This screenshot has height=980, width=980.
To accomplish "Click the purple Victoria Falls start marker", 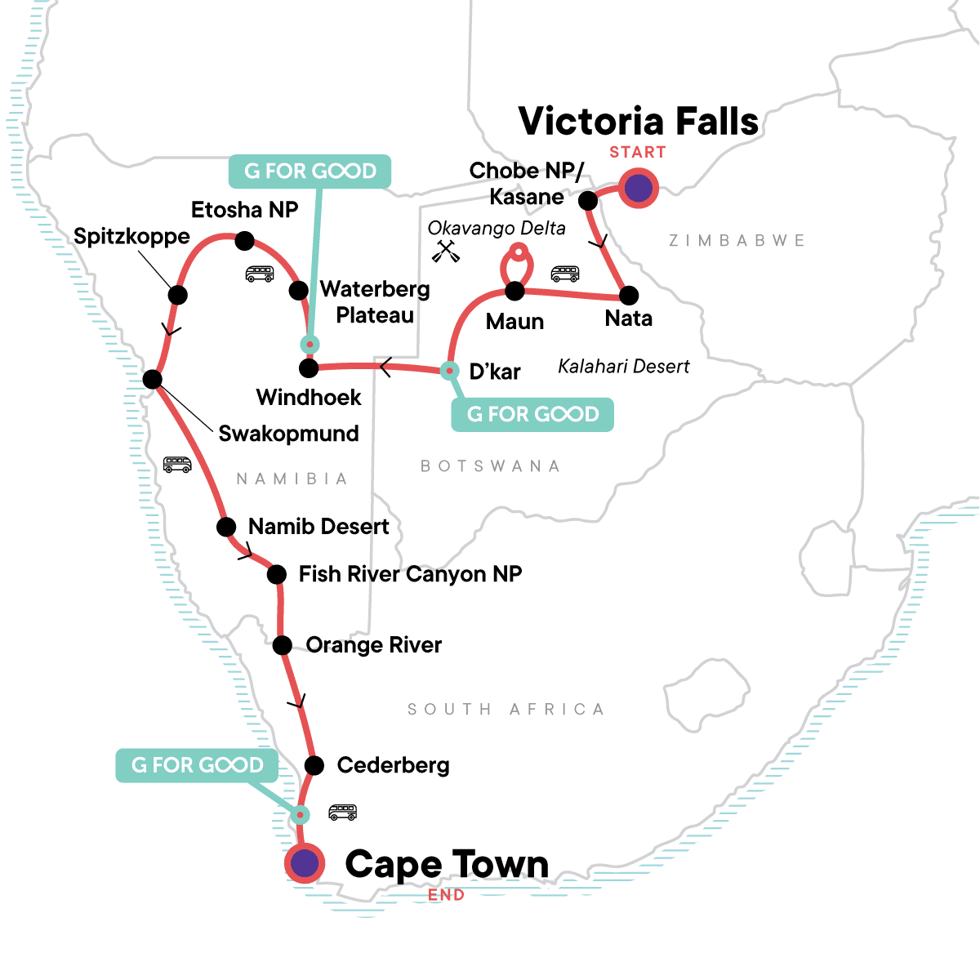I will tap(638, 188).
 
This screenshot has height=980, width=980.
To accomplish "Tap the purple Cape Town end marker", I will tap(305, 862).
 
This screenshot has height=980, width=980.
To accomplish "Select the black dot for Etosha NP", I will tap(244, 241).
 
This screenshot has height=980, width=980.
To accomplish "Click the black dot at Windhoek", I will tap(309, 368).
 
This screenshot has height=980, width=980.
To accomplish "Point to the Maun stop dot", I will tap(514, 291).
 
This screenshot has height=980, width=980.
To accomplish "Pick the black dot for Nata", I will tap(628, 296).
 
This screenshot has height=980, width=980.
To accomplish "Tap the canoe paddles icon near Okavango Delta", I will tap(446, 252).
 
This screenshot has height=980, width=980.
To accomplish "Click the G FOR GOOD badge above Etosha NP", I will tap(310, 171).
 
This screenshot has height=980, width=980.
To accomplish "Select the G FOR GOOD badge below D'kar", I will tap(532, 415).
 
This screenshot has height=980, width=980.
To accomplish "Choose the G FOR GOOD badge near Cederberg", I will tap(197, 765).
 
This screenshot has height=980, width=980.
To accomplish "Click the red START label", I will tap(637, 153).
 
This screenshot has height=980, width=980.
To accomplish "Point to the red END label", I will tap(446, 895).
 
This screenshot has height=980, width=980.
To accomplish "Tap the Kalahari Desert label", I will tap(624, 367).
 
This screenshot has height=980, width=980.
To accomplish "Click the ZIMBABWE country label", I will tap(737, 241).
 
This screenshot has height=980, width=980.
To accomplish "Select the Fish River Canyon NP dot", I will tap(277, 575).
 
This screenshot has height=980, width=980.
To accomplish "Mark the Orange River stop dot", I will tap(283, 646).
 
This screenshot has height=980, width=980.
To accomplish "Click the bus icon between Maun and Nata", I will tap(565, 274).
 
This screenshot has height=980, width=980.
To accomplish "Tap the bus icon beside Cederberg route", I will tap(342, 813).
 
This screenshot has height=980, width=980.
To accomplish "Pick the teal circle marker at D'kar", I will tap(448, 371).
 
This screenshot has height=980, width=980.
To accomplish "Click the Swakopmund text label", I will tap(288, 434).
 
